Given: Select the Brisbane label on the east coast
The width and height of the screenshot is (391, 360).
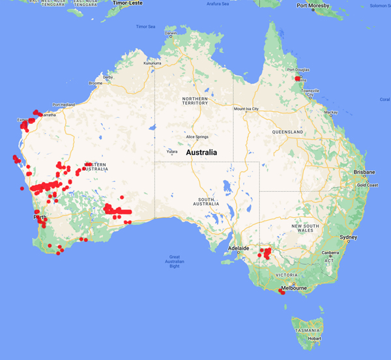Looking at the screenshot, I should [364, 172].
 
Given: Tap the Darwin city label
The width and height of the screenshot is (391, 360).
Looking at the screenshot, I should [171, 33].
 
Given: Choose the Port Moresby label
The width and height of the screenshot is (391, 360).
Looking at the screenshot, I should [312, 6].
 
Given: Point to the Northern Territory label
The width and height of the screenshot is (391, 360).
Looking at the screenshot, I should [195, 100].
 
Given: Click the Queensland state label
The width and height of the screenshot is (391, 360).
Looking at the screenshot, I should [287, 132].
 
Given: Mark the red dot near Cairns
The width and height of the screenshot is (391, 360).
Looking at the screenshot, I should [298, 78].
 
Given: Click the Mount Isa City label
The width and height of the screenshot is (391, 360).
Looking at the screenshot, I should [246, 109].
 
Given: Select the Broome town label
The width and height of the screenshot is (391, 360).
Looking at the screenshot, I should [96, 83].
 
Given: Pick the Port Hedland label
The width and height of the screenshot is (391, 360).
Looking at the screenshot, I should [64, 104].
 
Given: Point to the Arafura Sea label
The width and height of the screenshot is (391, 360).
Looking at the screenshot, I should [218, 4].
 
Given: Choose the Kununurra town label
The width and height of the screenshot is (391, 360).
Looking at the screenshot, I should [152, 63].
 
